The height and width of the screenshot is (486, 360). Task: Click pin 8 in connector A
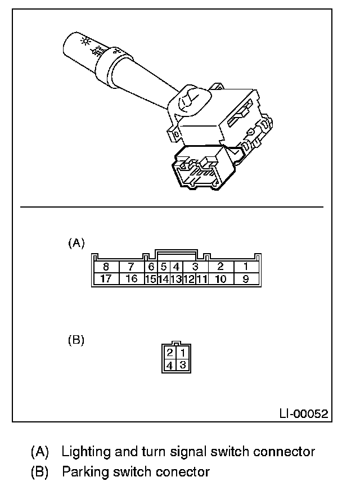(106, 267)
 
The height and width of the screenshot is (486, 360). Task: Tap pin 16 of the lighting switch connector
(131, 278)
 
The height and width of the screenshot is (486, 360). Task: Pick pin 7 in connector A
(131, 267)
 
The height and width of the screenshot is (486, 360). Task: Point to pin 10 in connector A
(220, 278)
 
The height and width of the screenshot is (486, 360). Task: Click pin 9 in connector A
(246, 278)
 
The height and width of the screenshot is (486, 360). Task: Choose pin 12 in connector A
(189, 278)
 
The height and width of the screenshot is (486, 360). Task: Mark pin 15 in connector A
(150, 278)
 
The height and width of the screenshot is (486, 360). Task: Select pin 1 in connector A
(246, 267)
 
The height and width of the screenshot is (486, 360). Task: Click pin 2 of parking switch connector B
(169, 354)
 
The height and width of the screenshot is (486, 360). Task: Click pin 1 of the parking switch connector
(182, 354)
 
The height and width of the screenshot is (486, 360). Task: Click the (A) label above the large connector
(76, 243)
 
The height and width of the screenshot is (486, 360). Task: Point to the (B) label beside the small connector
(76, 340)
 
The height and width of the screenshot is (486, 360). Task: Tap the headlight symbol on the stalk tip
(86, 40)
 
